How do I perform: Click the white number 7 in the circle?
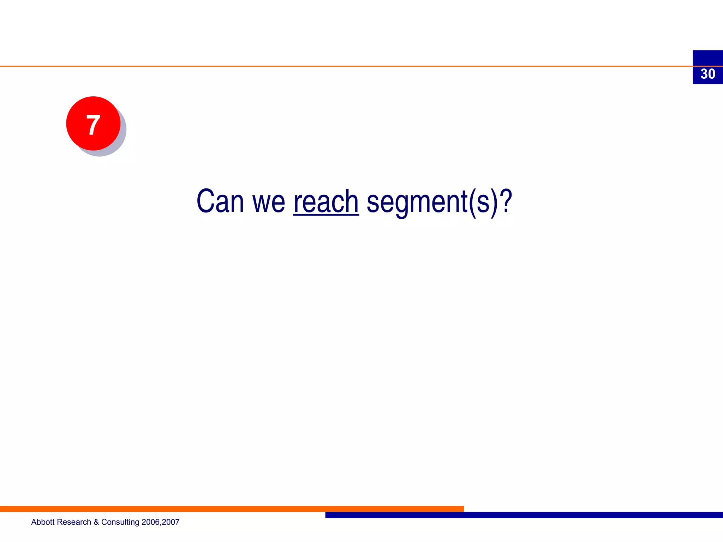click(x=93, y=125)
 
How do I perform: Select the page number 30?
click(x=707, y=74)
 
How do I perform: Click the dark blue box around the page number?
click(x=707, y=57)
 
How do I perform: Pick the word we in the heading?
click(x=268, y=203)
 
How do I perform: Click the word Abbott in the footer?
click(x=43, y=522)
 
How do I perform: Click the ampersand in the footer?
click(x=96, y=522)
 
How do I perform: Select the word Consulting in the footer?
click(x=120, y=522)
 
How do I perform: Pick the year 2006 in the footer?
click(x=150, y=522)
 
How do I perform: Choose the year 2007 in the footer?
click(x=171, y=522)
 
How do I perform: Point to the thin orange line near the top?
click(x=318, y=66)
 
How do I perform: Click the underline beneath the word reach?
click(x=326, y=214)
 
